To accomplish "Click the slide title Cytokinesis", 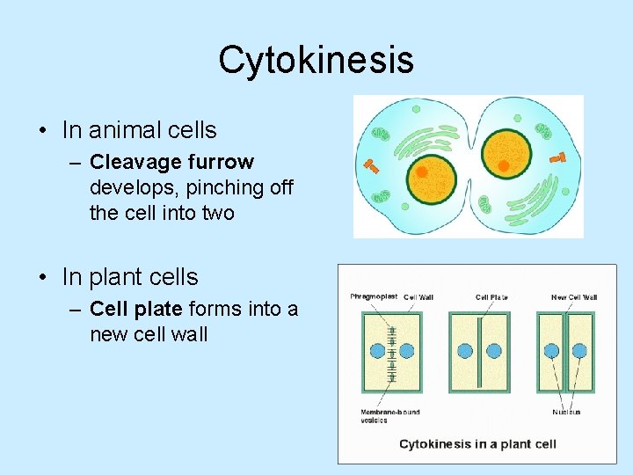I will coord(316,60).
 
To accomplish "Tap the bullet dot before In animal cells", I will coord(42,131).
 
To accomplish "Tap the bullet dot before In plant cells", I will coord(42,278).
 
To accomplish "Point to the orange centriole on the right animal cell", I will coord(557,157).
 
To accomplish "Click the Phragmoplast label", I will coord(374,297).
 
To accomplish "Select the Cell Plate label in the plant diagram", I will coord(491,297).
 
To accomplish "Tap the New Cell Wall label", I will coord(573,297).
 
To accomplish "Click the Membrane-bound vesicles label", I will coord(389,415).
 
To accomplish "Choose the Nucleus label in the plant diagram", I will coord(565,412).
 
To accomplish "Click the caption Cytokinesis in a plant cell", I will coord(477,443).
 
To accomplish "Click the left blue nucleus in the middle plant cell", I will coord(465,351).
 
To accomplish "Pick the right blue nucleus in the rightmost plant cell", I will coord(579,351).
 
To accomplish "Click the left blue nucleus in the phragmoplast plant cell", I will coord(377,351).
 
